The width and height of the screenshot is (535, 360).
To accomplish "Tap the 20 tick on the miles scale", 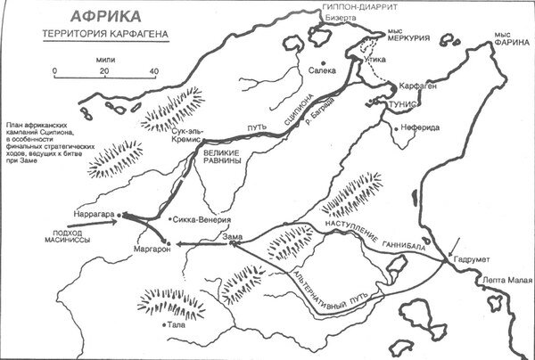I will [x=104, y=70].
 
